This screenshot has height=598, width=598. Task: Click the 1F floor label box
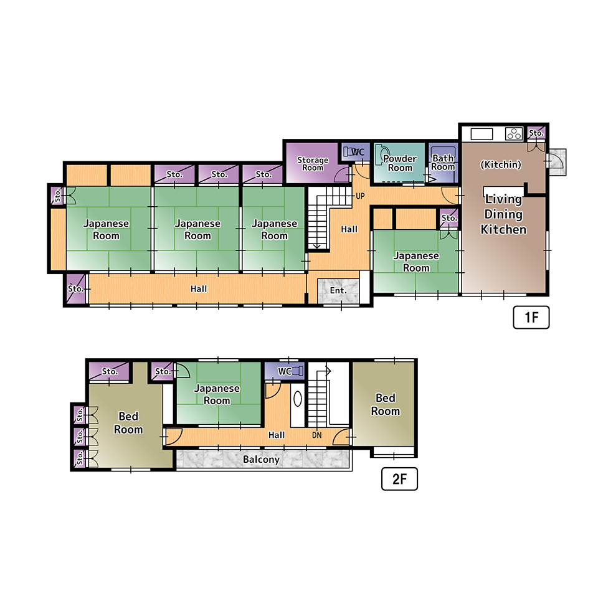[x=531, y=317]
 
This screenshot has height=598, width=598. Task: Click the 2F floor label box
[x=399, y=478]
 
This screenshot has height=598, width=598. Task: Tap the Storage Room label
[x=313, y=164]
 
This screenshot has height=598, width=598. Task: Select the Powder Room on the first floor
[x=400, y=163]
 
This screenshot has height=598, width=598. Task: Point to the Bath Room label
[x=443, y=163]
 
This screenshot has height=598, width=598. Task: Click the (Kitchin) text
[x=500, y=164]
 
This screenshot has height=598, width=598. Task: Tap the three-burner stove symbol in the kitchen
[x=514, y=134]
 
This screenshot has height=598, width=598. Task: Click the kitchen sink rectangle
[x=482, y=134]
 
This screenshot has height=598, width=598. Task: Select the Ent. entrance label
[x=338, y=291]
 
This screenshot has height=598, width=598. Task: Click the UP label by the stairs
[x=360, y=196]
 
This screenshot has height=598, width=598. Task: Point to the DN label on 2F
[x=316, y=435]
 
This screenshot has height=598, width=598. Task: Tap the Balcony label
[x=261, y=460]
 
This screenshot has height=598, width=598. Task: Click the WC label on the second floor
[x=285, y=371]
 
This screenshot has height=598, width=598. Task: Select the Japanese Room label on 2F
[x=217, y=394]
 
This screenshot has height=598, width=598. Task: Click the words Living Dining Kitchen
[x=503, y=214]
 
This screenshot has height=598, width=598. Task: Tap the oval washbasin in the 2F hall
[x=298, y=399]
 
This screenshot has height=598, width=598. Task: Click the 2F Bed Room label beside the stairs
[x=385, y=404]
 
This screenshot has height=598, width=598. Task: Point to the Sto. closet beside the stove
[x=536, y=133]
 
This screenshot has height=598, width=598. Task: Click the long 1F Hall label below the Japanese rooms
[x=198, y=289]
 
